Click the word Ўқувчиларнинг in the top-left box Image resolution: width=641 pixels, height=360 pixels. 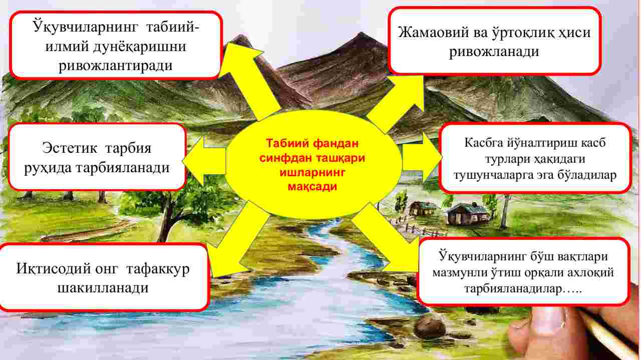coord(85,27)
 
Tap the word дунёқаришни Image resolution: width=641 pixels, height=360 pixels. coord(140,47)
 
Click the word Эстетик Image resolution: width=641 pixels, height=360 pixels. coord(70,148)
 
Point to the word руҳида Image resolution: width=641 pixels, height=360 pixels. coord(48,168)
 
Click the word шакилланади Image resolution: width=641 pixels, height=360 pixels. coord(103,288)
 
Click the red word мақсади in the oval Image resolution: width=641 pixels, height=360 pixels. coord(312,187)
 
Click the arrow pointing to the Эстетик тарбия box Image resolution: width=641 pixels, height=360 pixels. coord(204,161)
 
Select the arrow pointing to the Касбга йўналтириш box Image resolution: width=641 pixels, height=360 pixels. coord(421,158)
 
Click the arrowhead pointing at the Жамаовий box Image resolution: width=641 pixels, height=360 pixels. coord(409,92)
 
